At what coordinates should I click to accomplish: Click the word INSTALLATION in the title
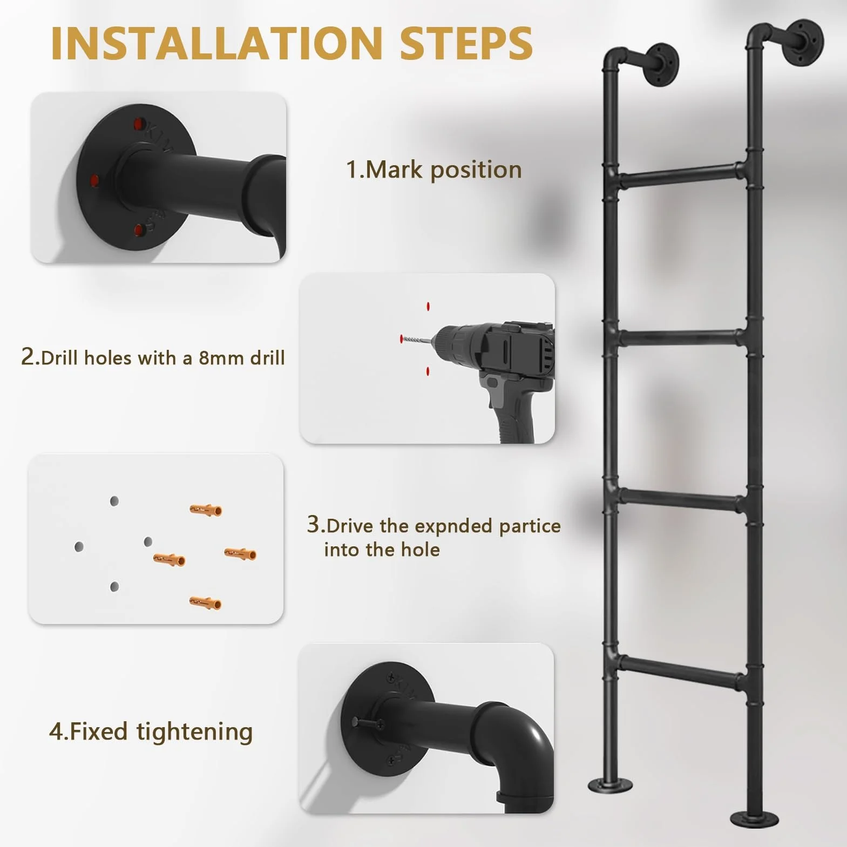pyautogui.click(x=216, y=43)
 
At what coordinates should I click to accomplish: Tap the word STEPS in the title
pyautogui.click(x=466, y=43)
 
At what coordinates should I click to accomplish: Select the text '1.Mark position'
pyautogui.click(x=434, y=170)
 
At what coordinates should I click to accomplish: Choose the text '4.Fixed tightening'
pyautogui.click(x=151, y=732)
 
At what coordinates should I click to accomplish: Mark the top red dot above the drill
pyautogui.click(x=428, y=307)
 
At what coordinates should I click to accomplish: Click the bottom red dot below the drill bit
pyautogui.click(x=428, y=371)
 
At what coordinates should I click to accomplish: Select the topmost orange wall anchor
pyautogui.click(x=206, y=509)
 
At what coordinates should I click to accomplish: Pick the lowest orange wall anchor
pyautogui.click(x=205, y=602)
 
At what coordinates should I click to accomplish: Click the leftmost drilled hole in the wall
pyautogui.click(x=79, y=547)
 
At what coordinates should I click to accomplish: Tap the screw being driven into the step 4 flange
pyautogui.click(x=368, y=722)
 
